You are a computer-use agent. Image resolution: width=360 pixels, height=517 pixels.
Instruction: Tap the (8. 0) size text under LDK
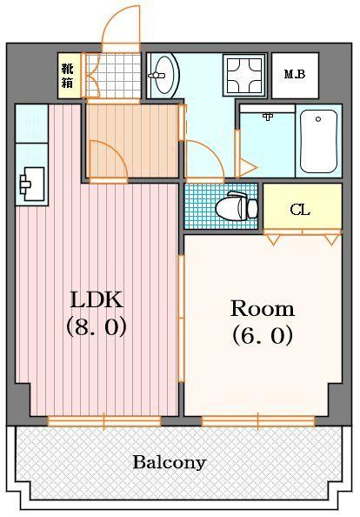coord(97,328)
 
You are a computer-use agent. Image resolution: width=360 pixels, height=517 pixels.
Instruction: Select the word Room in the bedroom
coord(262,308)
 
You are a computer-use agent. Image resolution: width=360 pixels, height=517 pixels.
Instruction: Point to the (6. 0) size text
coord(262,335)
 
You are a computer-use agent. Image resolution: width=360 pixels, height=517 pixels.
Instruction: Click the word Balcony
coord(170,462)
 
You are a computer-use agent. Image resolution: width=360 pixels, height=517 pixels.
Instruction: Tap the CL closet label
coord(300,210)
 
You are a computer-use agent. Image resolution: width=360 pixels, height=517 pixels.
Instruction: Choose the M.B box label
coord(295,74)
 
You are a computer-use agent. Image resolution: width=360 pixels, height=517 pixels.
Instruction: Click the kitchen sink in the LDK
coord(32,183)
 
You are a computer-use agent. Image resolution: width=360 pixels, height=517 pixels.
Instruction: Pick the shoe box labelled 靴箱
coord(68,76)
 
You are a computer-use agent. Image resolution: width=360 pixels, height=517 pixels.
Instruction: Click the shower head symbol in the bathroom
coord(267,116)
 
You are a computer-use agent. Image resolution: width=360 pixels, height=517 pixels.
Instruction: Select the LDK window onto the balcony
coord(104,421)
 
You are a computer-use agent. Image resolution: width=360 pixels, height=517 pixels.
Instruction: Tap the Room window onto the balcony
coord(257,421)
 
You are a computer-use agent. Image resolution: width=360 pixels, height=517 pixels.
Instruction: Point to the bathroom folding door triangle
coord(246,164)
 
